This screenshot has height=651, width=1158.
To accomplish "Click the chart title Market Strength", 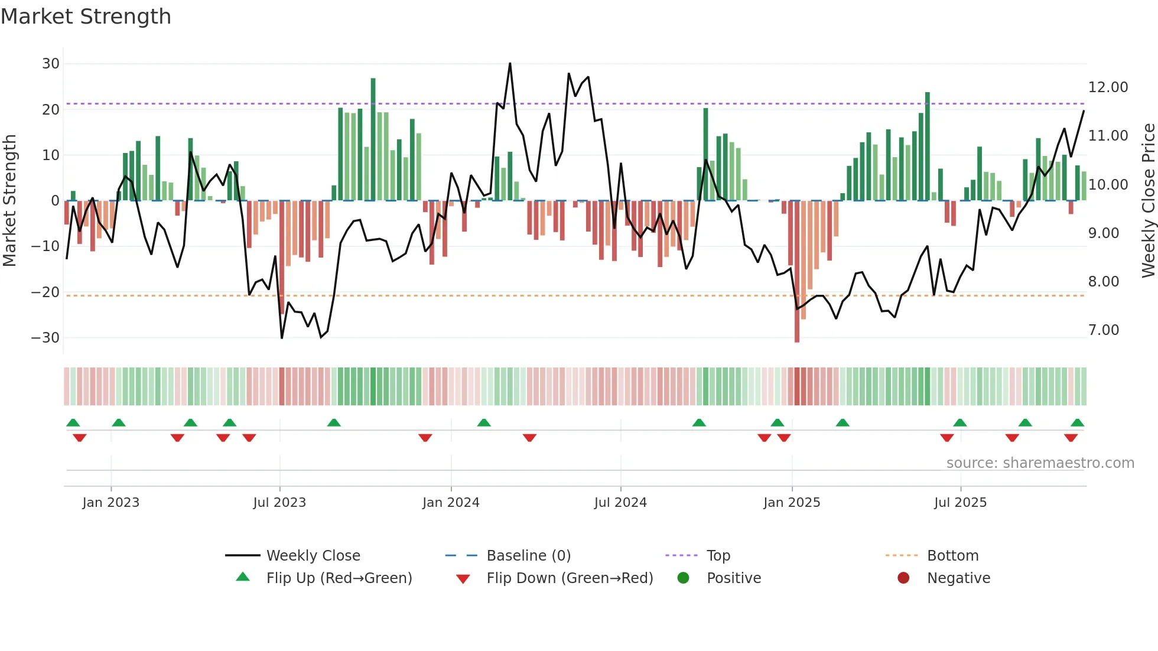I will point(86,17).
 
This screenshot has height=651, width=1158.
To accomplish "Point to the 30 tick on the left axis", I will point(51,64).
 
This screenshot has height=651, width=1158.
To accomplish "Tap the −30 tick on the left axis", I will point(45,338).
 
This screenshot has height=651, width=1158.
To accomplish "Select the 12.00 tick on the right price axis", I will point(1108,87).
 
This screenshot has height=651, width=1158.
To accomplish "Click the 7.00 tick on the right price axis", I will point(1104,330).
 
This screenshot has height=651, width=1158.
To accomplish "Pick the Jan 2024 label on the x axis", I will point(451,503).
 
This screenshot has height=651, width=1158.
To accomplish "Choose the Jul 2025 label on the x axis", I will point(960,503).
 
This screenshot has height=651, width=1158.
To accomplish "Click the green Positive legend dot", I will point(683,578).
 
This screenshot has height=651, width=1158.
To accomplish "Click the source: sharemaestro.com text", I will point(1040,463).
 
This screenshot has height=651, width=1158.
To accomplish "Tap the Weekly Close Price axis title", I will point(1148,201).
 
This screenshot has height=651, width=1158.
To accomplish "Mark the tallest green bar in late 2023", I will point(373,139).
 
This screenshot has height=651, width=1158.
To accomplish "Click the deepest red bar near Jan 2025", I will point(797,272).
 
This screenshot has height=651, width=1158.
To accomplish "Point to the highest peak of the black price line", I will point(510,64).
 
